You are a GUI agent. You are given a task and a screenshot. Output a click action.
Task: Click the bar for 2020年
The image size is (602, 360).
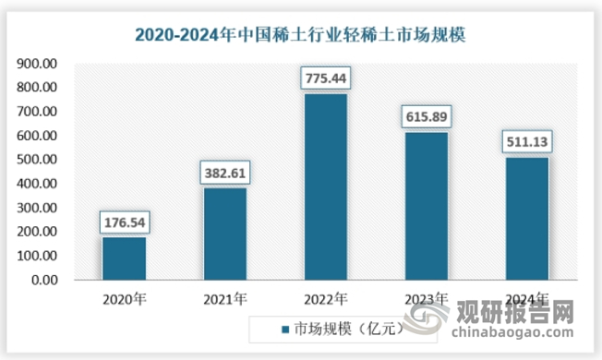coord(125,258)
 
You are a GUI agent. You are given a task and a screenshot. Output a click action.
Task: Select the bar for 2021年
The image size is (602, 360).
coord(225,234)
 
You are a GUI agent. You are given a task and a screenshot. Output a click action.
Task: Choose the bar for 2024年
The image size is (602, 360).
coord(526,219)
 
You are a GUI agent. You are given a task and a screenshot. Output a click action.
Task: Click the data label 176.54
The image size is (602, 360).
coord(125,222)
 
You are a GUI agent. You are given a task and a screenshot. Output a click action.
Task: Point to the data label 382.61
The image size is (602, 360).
coord(225,173)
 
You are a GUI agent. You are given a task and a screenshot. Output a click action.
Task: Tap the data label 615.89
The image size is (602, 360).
coord(426,117)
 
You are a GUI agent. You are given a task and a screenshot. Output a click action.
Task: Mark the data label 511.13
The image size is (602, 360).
coord(526,142)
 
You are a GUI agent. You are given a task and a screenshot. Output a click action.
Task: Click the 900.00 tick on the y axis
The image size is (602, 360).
coord(38,64)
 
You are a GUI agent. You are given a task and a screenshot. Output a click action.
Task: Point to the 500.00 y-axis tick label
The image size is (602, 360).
coord(38,160)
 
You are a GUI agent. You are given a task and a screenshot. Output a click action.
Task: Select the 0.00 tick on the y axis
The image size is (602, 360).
coord(43,281)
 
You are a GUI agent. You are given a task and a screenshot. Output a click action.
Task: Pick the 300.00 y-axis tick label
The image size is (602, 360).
coord(38,208)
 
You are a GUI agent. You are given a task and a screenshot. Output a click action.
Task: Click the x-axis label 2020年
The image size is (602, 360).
coord(125,298)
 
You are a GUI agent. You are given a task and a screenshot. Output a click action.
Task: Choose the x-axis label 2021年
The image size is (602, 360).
coord(225,298)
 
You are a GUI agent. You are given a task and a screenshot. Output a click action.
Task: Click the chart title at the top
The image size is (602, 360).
coord(301,36)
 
